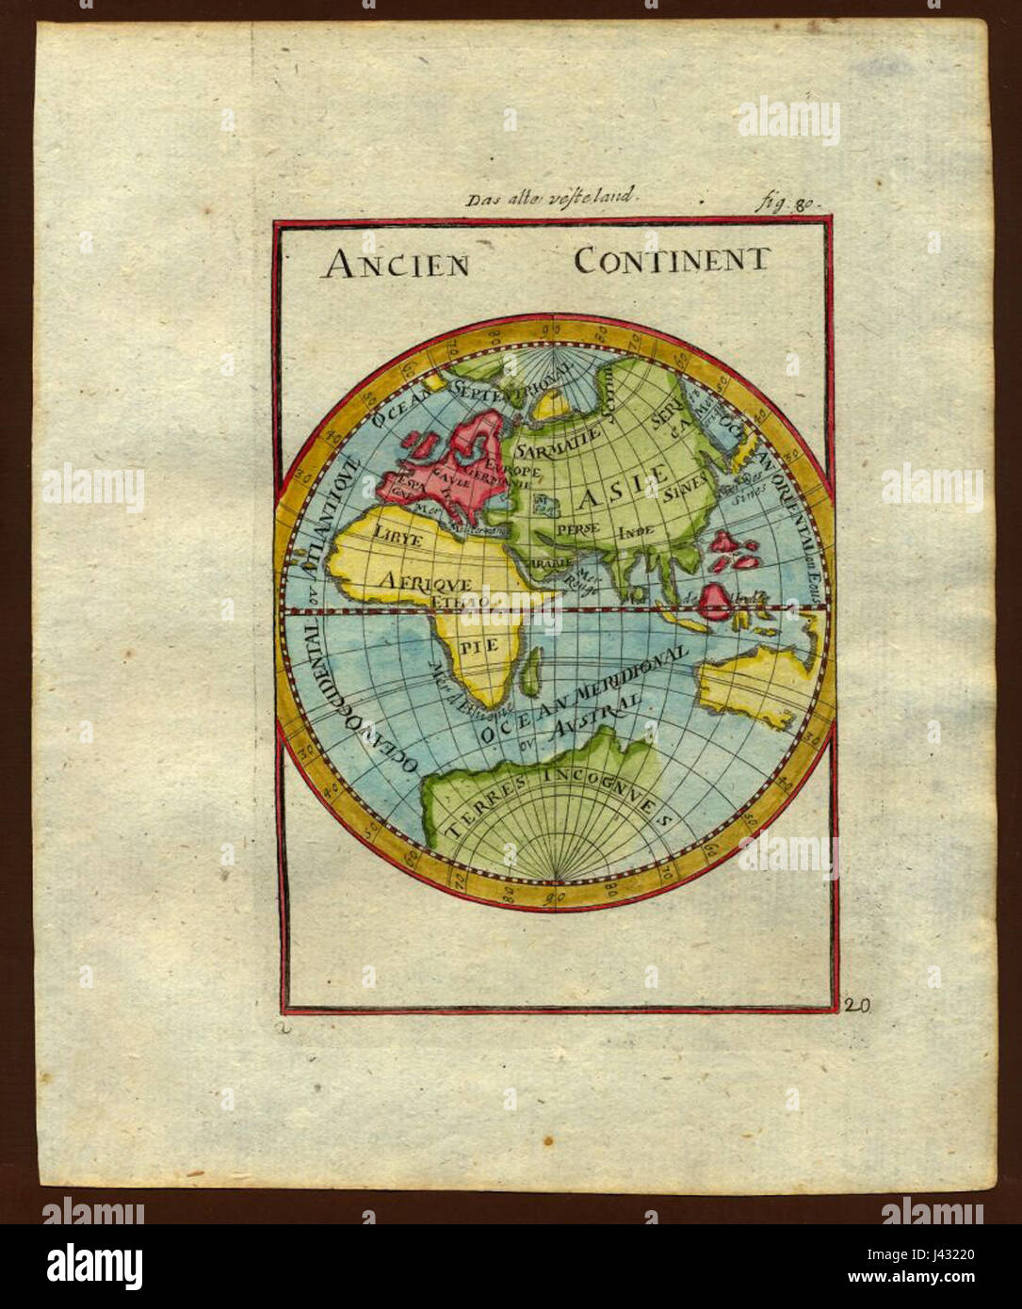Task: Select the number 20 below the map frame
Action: tap(858, 1006)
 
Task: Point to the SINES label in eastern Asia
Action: tap(685, 489)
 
